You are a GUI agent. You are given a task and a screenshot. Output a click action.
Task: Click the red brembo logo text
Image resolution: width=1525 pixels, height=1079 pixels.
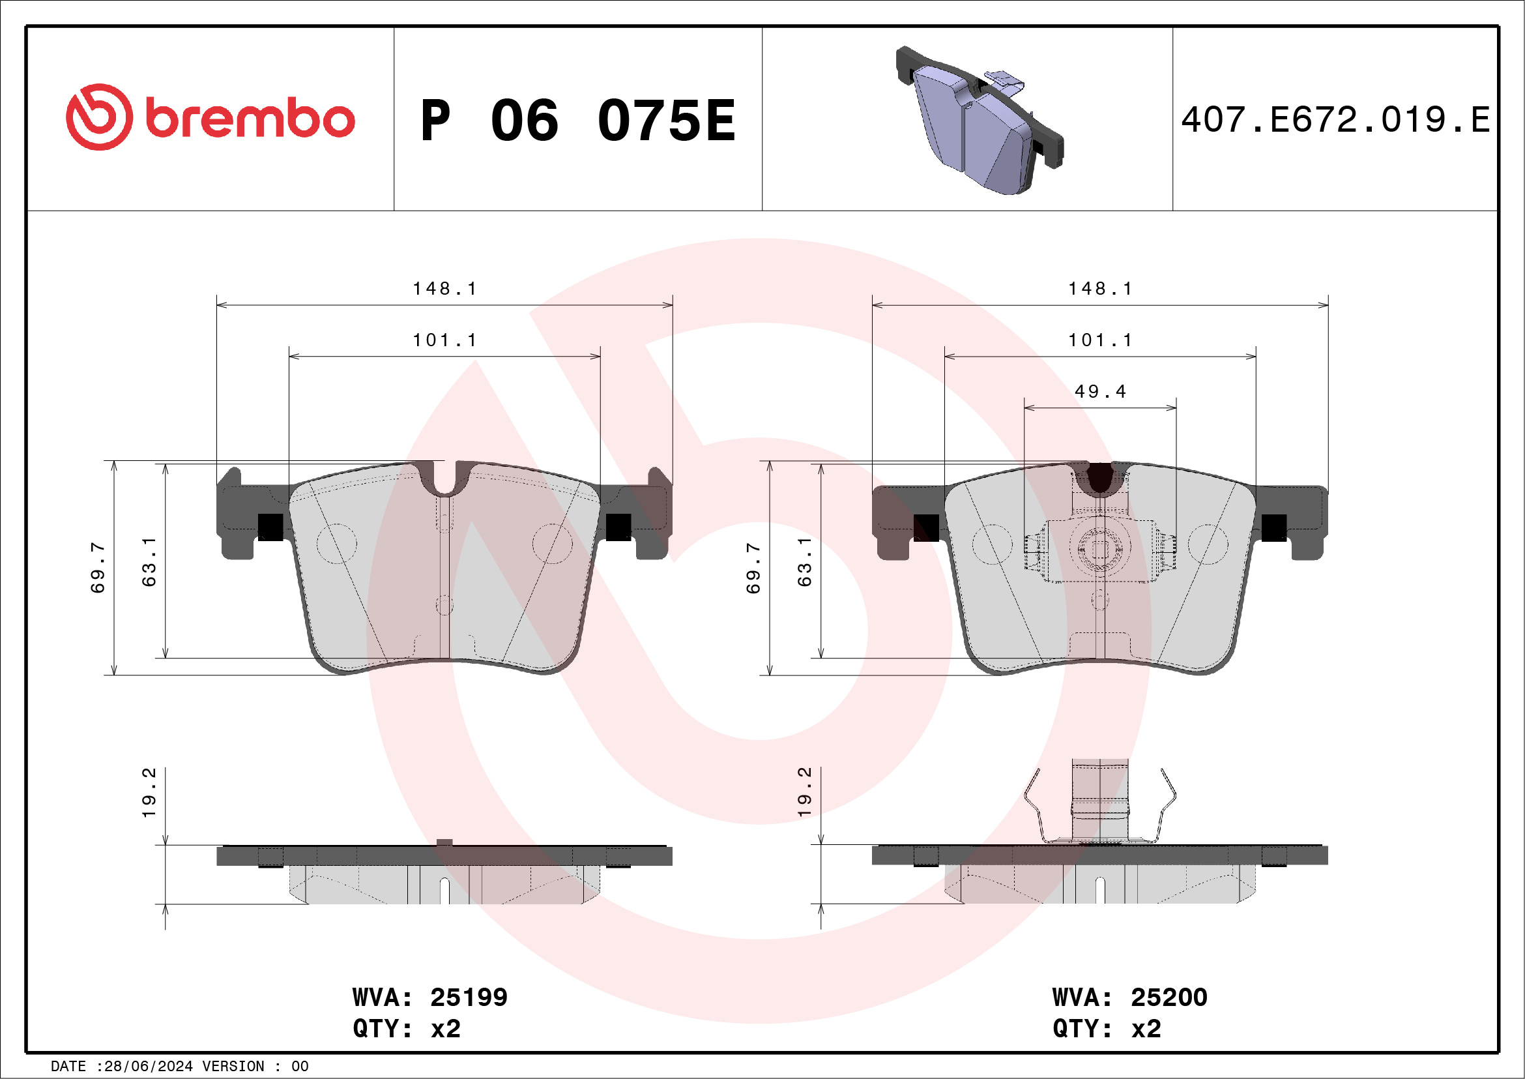click(249, 119)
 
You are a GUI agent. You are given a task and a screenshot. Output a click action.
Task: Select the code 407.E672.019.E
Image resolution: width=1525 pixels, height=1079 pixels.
click(1335, 120)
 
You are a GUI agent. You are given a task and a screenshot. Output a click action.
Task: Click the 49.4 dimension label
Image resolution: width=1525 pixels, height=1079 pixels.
click(1100, 392)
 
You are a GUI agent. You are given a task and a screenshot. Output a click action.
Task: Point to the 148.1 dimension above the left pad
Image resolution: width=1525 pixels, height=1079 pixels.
click(444, 289)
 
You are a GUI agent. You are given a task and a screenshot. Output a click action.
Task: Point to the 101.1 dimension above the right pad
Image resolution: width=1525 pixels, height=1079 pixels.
click(1100, 340)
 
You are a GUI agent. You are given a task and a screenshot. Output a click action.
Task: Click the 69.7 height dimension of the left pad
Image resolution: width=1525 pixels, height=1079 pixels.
click(98, 567)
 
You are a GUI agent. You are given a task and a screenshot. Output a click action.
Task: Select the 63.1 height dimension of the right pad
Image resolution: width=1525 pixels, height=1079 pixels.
click(804, 562)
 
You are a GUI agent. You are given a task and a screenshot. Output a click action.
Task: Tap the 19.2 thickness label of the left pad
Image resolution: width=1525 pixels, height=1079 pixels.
click(149, 792)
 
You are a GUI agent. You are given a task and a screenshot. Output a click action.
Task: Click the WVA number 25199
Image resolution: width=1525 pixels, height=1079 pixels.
click(469, 998)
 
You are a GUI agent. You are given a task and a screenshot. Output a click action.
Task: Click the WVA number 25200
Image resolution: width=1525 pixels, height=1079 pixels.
click(1169, 998)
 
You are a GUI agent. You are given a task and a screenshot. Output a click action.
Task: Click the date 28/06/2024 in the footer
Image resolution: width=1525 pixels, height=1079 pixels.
click(148, 1067)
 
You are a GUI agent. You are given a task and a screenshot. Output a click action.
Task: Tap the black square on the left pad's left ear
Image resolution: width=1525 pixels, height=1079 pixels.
click(270, 527)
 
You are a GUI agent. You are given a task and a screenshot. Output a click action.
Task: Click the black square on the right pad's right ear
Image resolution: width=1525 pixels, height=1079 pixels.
click(1273, 527)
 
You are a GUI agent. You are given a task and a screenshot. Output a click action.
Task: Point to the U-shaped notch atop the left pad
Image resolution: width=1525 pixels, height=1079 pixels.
click(445, 480)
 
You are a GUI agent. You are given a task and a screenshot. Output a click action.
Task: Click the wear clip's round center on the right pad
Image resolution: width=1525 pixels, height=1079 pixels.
click(1099, 548)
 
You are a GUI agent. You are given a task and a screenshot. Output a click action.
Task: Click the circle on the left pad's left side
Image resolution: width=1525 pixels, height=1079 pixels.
click(337, 543)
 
